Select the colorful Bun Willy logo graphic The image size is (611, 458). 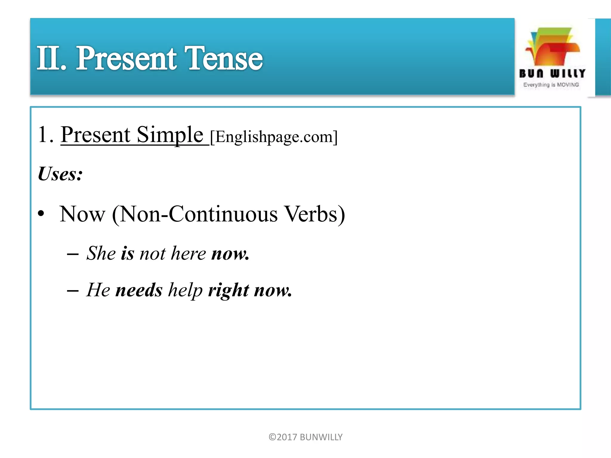[552, 47]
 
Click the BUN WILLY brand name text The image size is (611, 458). [552, 73]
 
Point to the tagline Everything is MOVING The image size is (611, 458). [551, 85]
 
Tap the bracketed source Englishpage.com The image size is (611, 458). [274, 137]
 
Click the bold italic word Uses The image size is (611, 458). [60, 174]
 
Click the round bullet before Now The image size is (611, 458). [41, 213]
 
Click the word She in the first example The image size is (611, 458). [101, 253]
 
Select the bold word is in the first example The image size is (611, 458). [127, 253]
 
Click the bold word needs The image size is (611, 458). [139, 290]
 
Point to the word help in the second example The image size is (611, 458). [185, 290]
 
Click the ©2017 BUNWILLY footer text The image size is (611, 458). [305, 437]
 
